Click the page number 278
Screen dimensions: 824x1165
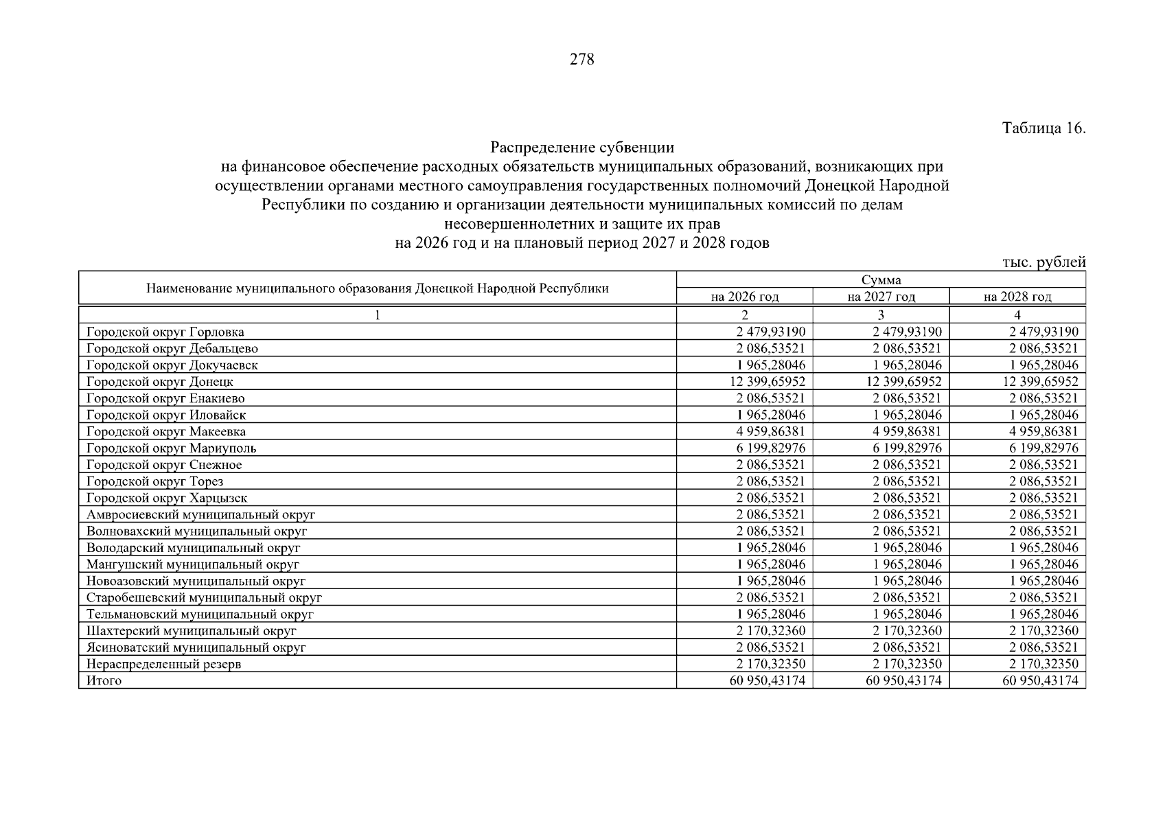tap(581, 60)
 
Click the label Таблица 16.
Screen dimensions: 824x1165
tap(1043, 128)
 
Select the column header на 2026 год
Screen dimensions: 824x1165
tap(744, 297)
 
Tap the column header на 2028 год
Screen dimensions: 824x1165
tap(1017, 297)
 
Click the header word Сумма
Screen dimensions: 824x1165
tap(881, 279)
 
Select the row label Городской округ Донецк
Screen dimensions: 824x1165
tap(160, 382)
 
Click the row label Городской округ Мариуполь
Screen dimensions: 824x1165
tap(172, 448)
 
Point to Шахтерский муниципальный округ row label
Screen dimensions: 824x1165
tap(192, 631)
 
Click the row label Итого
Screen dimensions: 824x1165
tap(104, 680)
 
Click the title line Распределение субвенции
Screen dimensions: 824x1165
tap(581, 148)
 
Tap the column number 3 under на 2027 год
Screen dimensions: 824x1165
tap(881, 315)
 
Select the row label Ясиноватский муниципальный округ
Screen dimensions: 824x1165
tap(196, 648)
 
